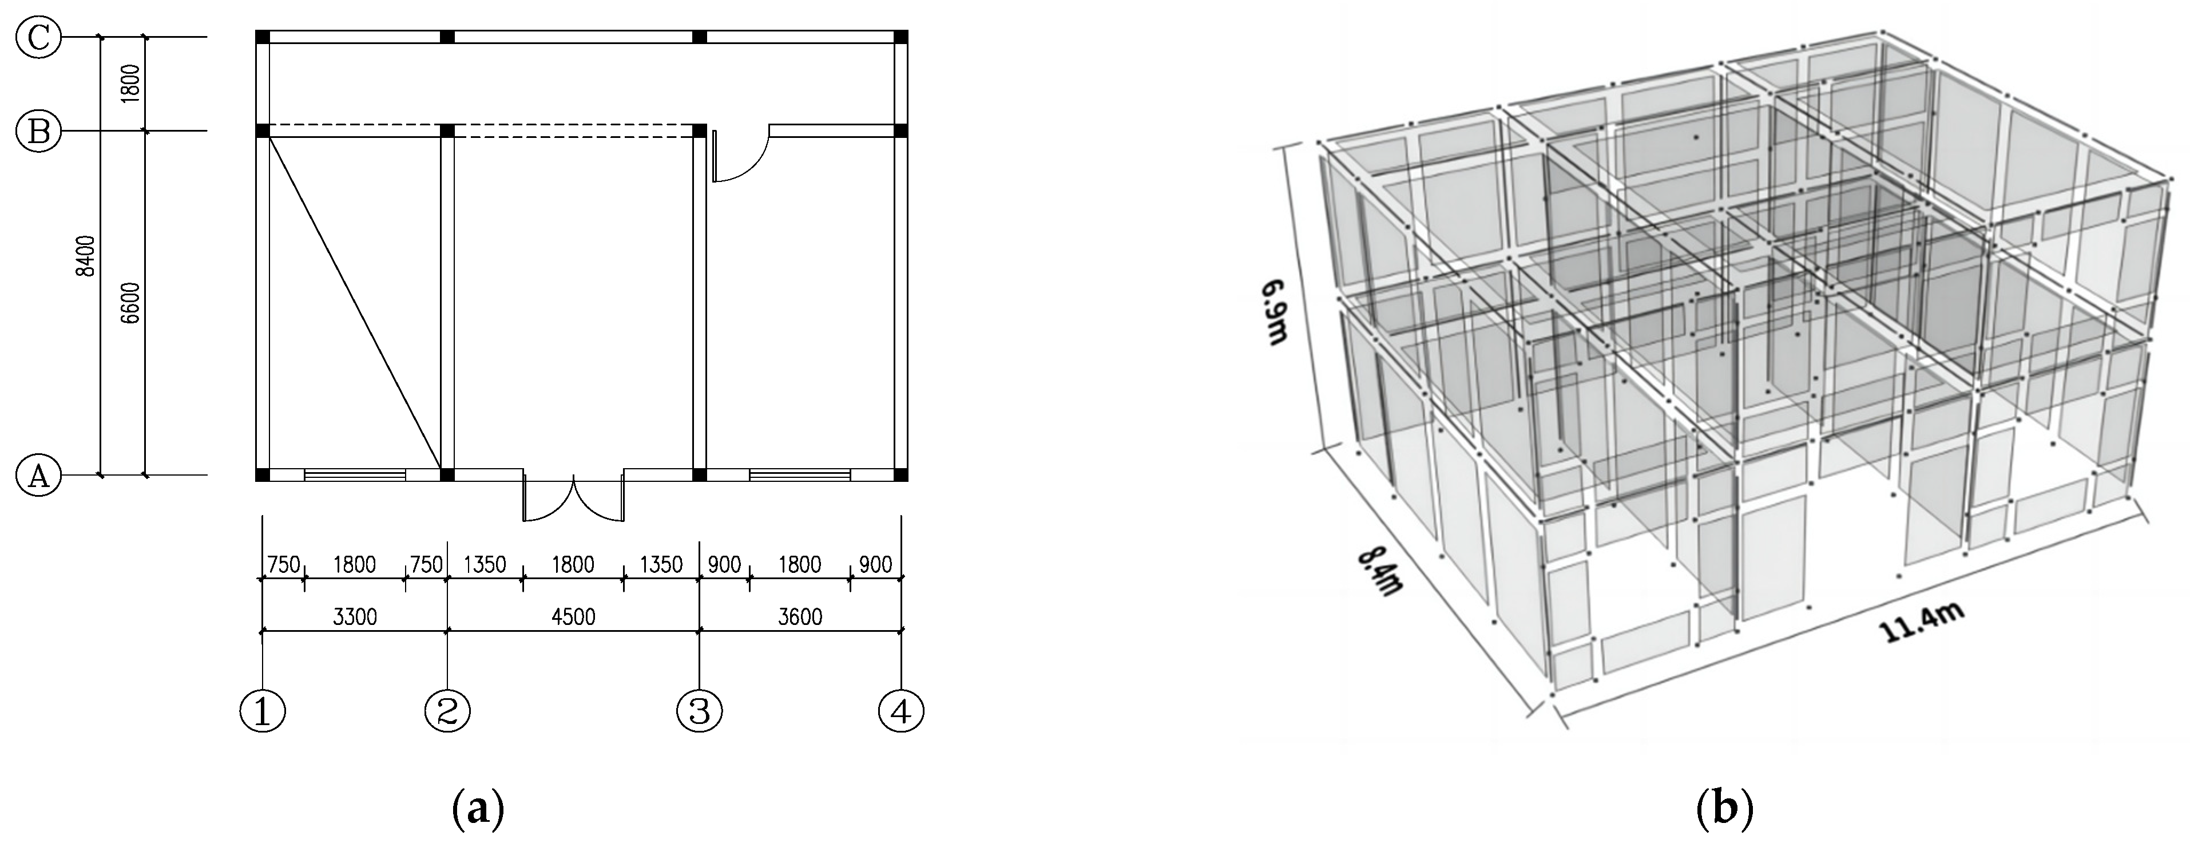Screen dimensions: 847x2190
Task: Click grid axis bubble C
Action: click(x=39, y=38)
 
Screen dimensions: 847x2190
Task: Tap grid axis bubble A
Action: click(x=39, y=476)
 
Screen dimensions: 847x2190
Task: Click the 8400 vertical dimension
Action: click(x=86, y=256)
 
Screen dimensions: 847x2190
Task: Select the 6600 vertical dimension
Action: click(x=130, y=303)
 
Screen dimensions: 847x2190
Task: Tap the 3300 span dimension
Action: click(x=355, y=616)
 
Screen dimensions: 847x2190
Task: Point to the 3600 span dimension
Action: click(x=800, y=616)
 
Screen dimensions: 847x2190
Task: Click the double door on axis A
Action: click(x=574, y=498)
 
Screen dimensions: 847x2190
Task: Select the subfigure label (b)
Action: click(x=1724, y=808)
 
